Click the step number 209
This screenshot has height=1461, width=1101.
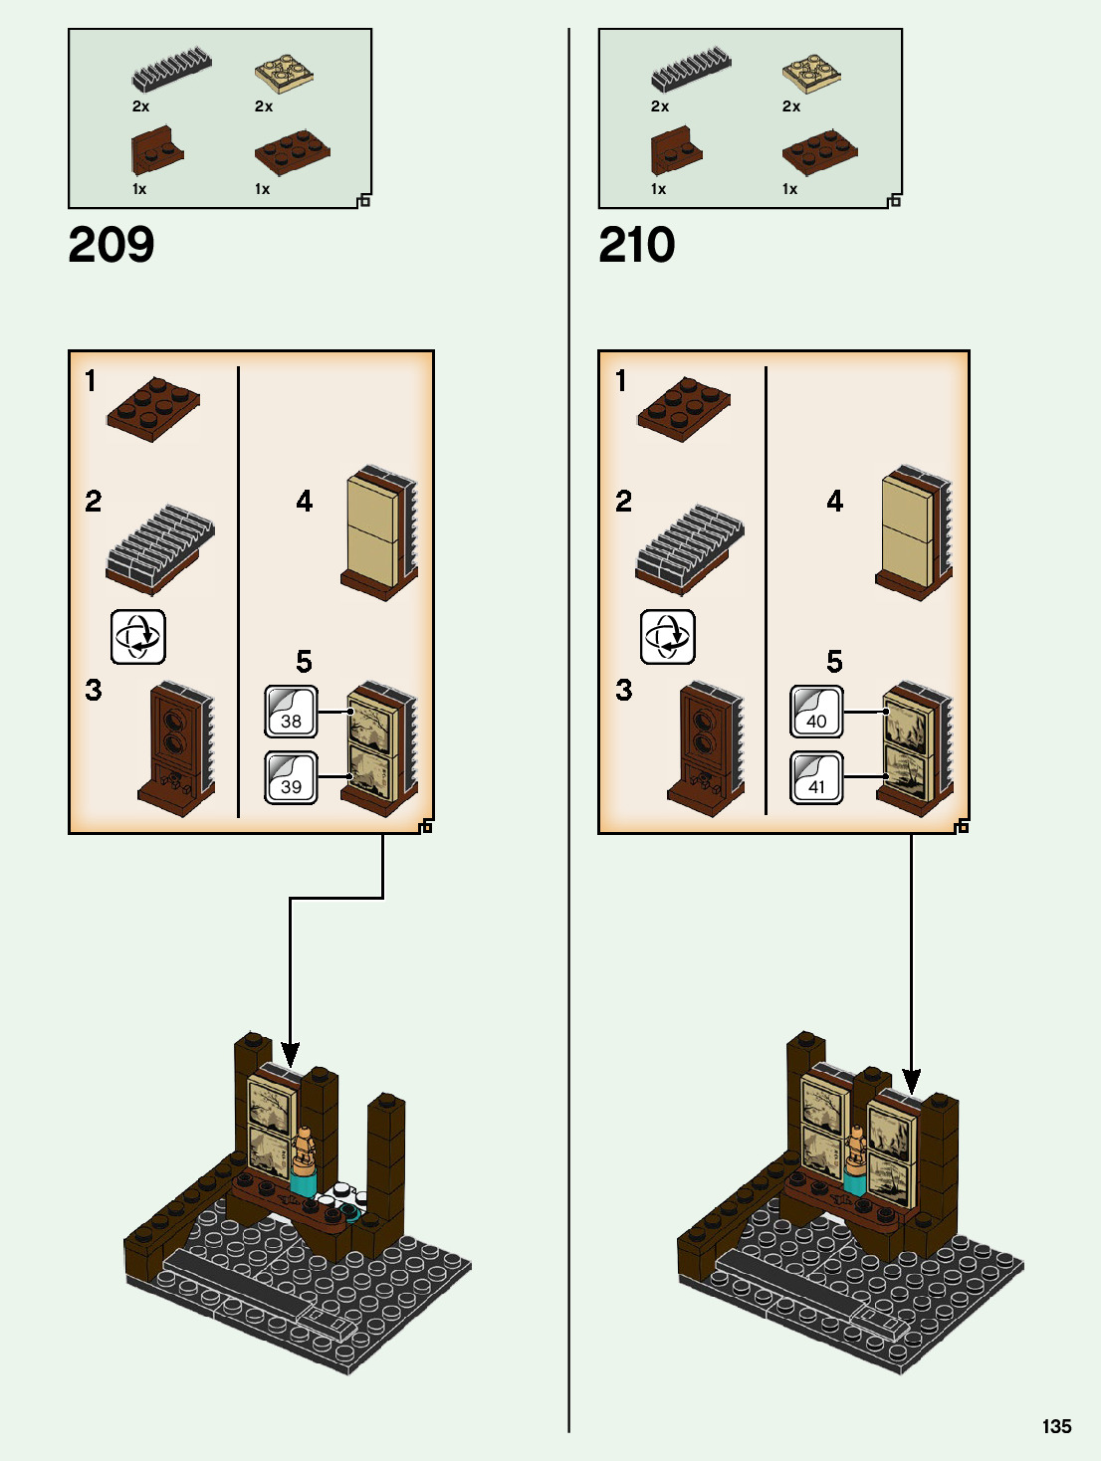[x=111, y=245]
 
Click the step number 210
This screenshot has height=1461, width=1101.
[x=637, y=245]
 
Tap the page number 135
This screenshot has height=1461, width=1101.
[x=1056, y=1426]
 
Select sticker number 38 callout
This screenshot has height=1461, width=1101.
[x=291, y=712]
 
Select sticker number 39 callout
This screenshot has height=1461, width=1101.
[x=291, y=777]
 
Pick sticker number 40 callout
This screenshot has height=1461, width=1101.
[x=816, y=712]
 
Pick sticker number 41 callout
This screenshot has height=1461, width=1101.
[x=816, y=777]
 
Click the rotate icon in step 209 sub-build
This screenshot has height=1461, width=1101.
[x=137, y=637]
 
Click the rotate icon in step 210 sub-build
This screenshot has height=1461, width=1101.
[x=667, y=637]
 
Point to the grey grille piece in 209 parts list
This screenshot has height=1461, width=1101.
[x=171, y=69]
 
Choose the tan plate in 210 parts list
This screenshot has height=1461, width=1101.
[x=811, y=70]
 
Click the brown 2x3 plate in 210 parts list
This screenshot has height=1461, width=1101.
[x=819, y=149]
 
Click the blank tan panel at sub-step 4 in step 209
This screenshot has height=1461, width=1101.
[x=372, y=529]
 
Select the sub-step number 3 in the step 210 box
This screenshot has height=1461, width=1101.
[x=623, y=690]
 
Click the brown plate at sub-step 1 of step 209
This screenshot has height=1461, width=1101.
[x=153, y=407]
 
